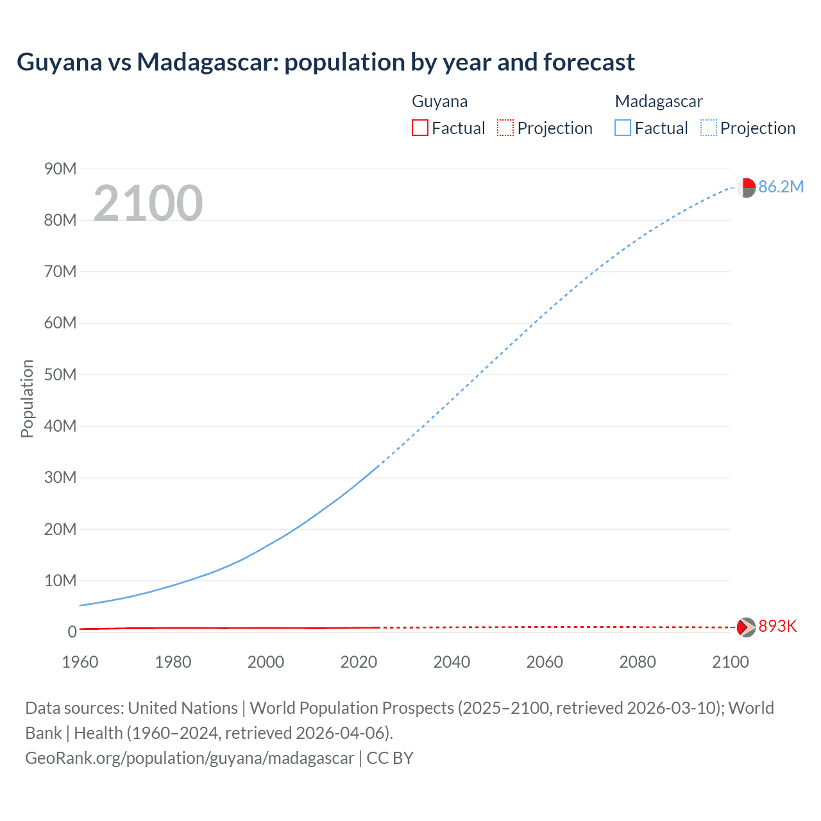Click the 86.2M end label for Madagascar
pyautogui.click(x=781, y=187)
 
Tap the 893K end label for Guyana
pyautogui.click(x=777, y=626)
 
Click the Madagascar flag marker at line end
pyautogui.click(x=746, y=188)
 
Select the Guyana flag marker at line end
pyautogui.click(x=746, y=627)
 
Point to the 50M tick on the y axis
pyautogui.click(x=60, y=375)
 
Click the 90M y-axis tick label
pyautogui.click(x=60, y=169)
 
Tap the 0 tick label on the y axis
pyautogui.click(x=72, y=632)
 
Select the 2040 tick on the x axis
pyautogui.click(x=452, y=662)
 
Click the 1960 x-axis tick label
pyautogui.click(x=80, y=662)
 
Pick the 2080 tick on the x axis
pyautogui.click(x=638, y=662)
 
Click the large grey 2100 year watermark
pyautogui.click(x=148, y=203)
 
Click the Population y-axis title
pyautogui.click(x=27, y=398)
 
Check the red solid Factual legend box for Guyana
pyautogui.click(x=419, y=128)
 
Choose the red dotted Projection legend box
pyautogui.click(x=505, y=128)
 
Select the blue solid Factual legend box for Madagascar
pyautogui.click(x=622, y=128)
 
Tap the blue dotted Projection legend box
pyautogui.click(x=708, y=128)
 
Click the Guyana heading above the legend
pyautogui.click(x=439, y=101)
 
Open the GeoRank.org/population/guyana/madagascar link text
pyautogui.click(x=190, y=758)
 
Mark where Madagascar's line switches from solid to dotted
pyautogui.click(x=380, y=465)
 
